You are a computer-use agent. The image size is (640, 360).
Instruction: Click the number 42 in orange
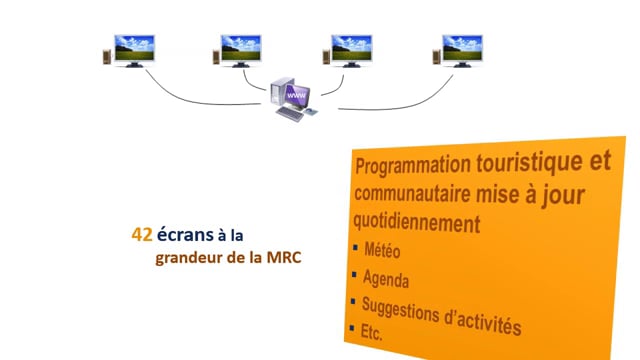tap(142, 235)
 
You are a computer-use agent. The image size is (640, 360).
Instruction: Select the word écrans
tap(185, 234)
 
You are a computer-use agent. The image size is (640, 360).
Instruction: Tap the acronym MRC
tap(284, 258)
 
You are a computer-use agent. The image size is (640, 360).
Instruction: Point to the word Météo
tap(382, 250)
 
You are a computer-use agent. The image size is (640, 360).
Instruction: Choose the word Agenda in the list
tap(386, 279)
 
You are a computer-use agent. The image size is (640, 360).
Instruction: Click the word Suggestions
tap(400, 310)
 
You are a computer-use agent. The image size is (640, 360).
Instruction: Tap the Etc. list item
tap(371, 332)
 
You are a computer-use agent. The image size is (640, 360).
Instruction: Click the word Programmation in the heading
tap(413, 164)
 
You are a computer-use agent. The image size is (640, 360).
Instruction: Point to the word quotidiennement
tap(416, 223)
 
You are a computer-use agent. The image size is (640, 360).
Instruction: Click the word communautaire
tap(412, 193)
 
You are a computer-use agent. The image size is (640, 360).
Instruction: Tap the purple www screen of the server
tap(296, 96)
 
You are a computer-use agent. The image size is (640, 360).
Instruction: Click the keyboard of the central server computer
tap(290, 113)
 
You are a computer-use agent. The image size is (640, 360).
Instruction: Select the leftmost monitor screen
tap(134, 48)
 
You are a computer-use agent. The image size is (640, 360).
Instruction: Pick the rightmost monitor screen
tap(462, 48)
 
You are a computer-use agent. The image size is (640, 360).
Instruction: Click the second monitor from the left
tap(241, 48)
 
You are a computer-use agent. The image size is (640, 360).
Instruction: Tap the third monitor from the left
tap(351, 48)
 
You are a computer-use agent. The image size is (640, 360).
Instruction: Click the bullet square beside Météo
tap(356, 247)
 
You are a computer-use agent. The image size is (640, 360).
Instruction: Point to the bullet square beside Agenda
tap(354, 275)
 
